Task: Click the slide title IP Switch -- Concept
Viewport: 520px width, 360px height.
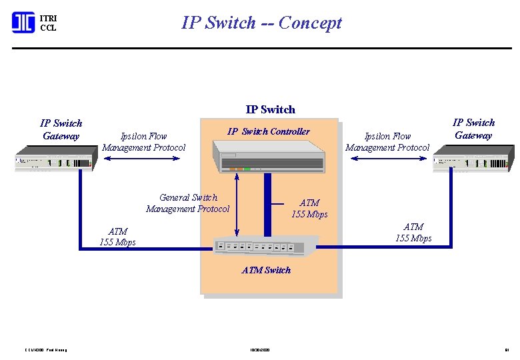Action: click(261, 23)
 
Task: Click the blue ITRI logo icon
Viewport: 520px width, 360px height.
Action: click(23, 23)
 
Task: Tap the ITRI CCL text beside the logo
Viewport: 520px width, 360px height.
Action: click(48, 23)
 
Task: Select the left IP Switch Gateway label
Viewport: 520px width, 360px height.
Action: click(61, 129)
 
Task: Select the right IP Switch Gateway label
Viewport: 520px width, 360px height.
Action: click(473, 129)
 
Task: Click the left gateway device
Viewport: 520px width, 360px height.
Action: click(55, 161)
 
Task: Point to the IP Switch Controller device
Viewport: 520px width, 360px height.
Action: click(269, 157)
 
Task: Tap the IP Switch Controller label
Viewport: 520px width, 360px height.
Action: click(268, 131)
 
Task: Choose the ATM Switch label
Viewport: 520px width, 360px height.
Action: click(266, 270)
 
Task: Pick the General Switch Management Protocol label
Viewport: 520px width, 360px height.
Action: click(187, 203)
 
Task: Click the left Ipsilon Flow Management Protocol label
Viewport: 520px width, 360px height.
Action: click(144, 142)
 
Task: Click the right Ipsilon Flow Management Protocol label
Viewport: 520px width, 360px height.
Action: click(387, 142)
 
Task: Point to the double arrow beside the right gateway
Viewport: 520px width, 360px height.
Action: click(387, 158)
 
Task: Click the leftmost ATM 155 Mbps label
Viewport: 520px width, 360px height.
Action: click(117, 237)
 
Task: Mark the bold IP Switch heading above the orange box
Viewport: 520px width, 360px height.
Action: click(270, 109)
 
